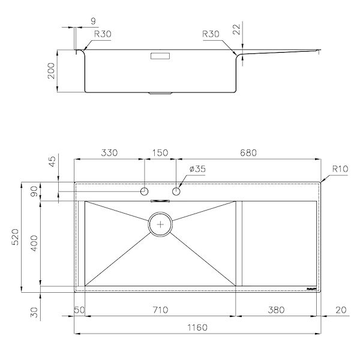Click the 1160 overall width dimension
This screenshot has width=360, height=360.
pos(197,328)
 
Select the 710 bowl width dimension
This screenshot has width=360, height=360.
pos(160,310)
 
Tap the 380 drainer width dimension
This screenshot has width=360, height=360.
pos(276,310)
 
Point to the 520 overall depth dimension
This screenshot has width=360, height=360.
pos(16,237)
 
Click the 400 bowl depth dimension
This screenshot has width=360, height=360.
pos(34,243)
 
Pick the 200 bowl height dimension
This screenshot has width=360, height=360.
pos(51,71)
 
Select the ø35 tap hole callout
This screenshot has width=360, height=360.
pos(197,169)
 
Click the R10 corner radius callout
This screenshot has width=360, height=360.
pos(340,169)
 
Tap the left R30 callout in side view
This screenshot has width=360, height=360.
pos(103,34)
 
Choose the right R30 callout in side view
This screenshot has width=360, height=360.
pos(211,34)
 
